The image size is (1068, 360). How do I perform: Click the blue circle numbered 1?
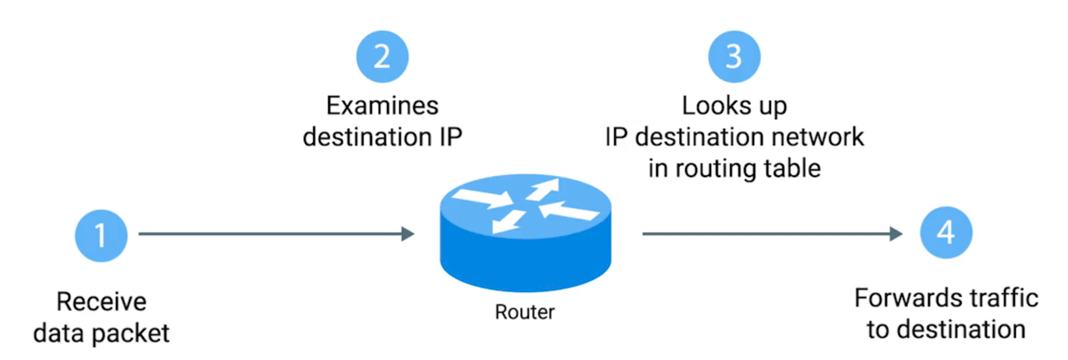click(101, 235)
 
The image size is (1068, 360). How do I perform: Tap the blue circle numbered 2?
click(382, 57)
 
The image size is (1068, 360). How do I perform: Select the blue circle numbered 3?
click(734, 57)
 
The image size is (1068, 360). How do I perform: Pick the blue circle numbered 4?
click(946, 232)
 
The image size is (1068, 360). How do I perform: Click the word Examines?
click(382, 106)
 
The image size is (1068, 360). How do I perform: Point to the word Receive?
click(102, 302)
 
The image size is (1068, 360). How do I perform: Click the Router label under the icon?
click(525, 312)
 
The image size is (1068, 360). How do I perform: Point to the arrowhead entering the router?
click(408, 234)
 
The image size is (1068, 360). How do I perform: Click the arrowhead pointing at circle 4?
click(896, 234)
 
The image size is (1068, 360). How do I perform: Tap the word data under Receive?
click(59, 334)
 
